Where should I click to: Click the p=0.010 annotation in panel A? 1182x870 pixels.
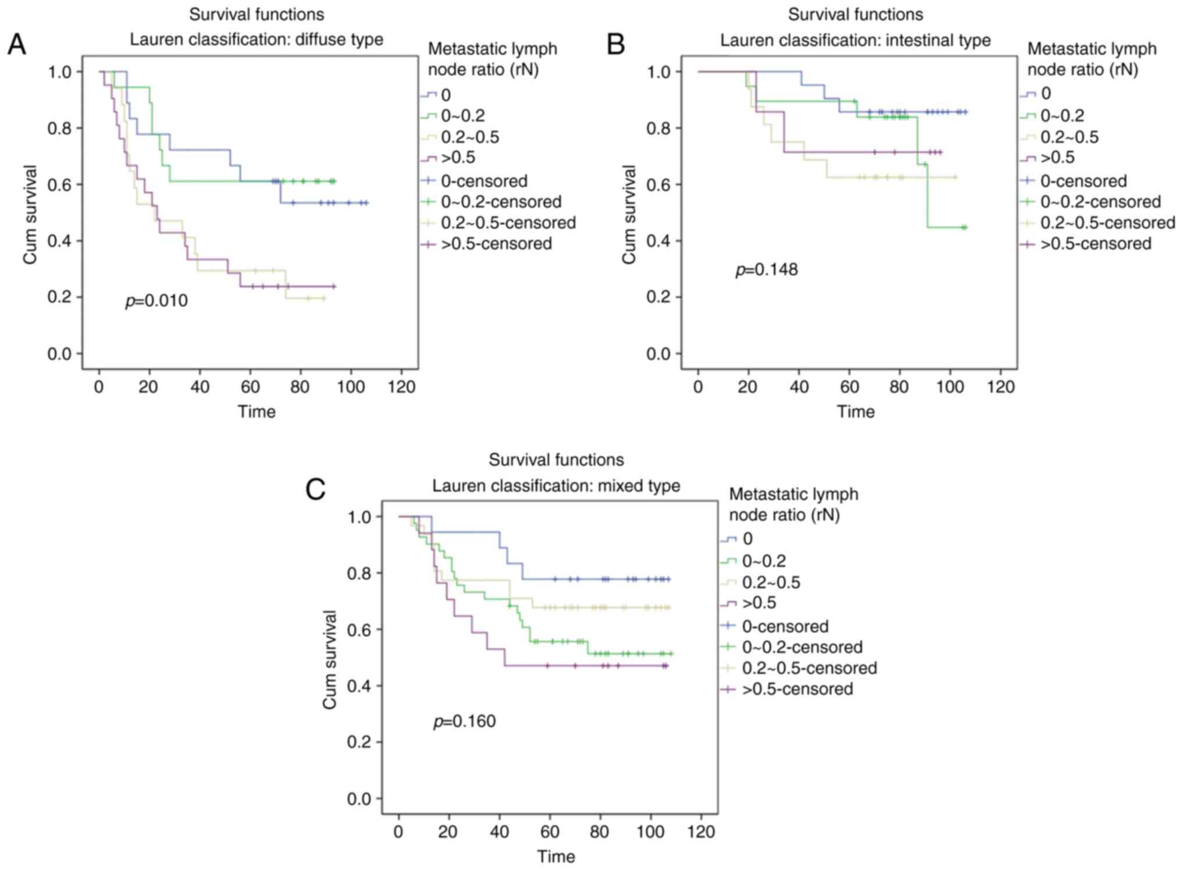[156, 301]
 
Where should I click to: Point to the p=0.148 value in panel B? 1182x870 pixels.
[767, 270]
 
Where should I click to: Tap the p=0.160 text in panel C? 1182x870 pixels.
[464, 722]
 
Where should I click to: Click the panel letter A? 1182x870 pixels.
[17, 44]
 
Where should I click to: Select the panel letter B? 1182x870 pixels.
[615, 44]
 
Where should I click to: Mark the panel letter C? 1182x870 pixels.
[315, 489]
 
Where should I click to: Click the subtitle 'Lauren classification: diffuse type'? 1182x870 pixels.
[256, 40]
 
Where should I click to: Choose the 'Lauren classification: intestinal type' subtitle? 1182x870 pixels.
[855, 40]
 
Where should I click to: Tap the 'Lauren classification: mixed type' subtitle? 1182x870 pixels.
[556, 485]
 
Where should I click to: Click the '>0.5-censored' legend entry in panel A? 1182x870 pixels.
[496, 244]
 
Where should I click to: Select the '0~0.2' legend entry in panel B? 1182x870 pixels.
[1062, 116]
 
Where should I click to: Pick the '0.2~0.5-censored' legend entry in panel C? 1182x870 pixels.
[809, 668]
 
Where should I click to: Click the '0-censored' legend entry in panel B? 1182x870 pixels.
[1083, 181]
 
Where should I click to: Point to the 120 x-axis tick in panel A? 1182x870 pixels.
[401, 387]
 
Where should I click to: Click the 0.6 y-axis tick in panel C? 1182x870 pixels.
[359, 630]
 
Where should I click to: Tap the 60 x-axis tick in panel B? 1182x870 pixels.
[849, 387]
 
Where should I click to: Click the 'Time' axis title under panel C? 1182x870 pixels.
[556, 857]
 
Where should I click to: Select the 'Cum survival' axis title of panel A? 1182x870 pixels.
[30, 214]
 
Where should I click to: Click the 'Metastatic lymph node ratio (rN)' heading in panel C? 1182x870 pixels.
[793, 505]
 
